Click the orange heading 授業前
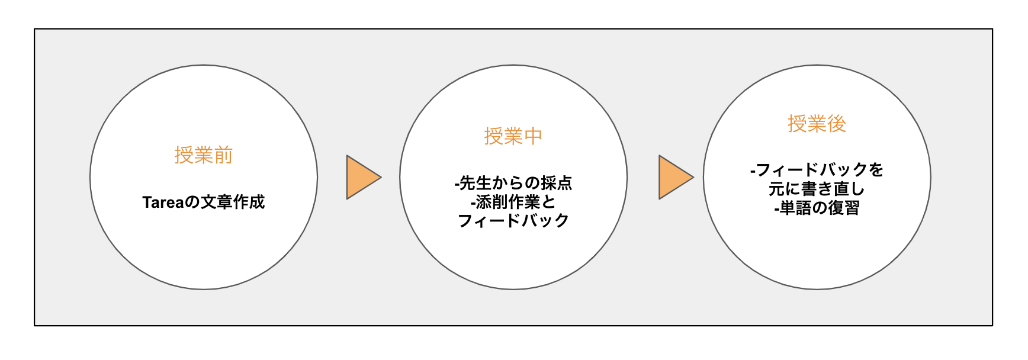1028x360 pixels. [x=203, y=155]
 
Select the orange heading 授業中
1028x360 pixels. [x=513, y=136]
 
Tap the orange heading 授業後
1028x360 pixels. [x=817, y=124]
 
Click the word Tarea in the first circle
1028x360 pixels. [x=163, y=202]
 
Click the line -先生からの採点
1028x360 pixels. [x=513, y=183]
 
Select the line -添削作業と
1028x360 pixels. [x=513, y=202]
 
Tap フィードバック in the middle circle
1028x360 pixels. [x=513, y=221]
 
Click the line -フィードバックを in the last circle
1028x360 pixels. [x=817, y=170]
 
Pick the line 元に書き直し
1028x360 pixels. [x=817, y=189]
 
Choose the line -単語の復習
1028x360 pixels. [x=817, y=208]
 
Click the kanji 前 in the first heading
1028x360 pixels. [x=223, y=155]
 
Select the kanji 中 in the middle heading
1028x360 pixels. [x=533, y=136]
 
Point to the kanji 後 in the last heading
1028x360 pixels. [x=837, y=124]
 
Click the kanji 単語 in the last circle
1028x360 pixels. [x=795, y=208]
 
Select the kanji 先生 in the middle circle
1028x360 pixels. [x=476, y=183]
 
